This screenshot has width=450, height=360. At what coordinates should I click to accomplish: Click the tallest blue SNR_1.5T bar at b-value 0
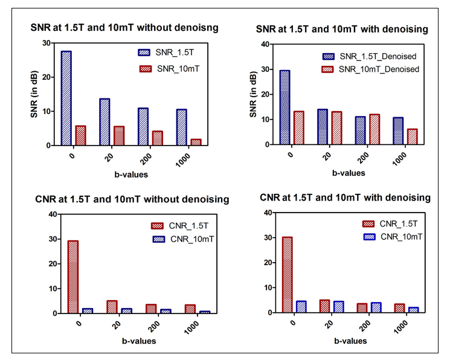66,98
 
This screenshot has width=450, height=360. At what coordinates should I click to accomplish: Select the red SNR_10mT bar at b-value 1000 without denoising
196,142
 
